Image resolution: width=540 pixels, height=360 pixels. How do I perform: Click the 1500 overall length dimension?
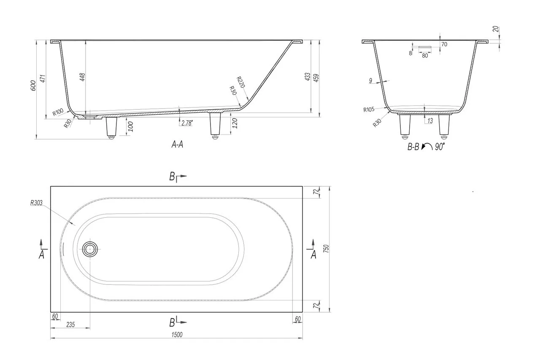click(x=177, y=335)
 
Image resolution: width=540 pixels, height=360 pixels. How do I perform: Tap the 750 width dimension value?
click(x=326, y=249)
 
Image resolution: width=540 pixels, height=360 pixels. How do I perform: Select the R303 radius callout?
click(x=36, y=203)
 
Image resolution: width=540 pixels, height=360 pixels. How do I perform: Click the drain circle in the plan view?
click(x=90, y=249)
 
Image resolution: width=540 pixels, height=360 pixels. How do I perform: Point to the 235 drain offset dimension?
click(x=70, y=325)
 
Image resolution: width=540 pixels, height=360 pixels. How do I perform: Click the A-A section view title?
click(x=177, y=144)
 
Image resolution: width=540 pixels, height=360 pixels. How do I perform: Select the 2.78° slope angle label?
click(x=187, y=123)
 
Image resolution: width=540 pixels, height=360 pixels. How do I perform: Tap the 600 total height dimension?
click(x=33, y=86)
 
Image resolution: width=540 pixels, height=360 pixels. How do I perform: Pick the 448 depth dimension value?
click(x=82, y=77)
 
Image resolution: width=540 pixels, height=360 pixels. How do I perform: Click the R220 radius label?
click(x=241, y=82)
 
